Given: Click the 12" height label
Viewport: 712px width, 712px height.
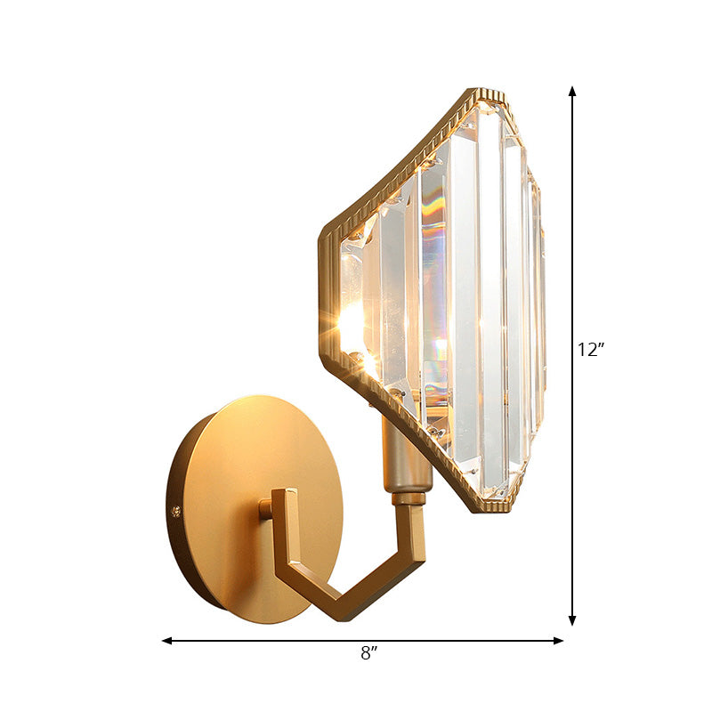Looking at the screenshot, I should [x=591, y=350].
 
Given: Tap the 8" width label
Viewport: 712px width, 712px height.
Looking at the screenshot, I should [x=368, y=653].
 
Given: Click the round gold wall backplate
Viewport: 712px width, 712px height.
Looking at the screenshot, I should [x=231, y=463].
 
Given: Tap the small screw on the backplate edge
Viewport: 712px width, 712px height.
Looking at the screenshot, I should [x=175, y=512].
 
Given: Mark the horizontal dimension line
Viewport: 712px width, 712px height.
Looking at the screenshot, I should [x=267, y=640].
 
